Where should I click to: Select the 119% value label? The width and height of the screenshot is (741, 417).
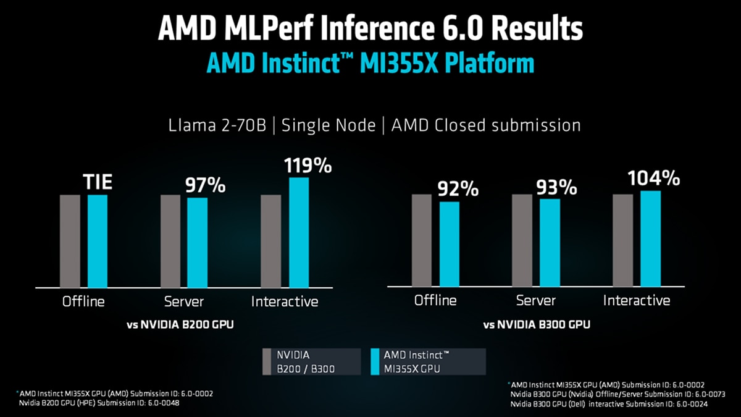point(308,166)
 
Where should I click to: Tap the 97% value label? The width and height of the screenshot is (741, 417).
point(206,185)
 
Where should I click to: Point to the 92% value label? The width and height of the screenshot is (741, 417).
point(458,190)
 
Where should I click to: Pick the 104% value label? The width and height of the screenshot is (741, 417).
point(654,179)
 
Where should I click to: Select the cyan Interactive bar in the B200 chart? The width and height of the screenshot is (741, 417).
point(299,232)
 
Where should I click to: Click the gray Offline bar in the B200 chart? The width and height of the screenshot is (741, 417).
point(70,241)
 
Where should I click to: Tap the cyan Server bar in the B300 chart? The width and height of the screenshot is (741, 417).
point(550,242)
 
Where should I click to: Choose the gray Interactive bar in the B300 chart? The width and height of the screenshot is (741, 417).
point(622,240)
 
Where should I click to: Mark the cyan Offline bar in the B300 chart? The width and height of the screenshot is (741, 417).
point(450,244)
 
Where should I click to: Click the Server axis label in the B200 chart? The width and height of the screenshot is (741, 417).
point(184,302)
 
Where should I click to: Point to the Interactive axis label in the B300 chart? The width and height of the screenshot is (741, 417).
point(636,301)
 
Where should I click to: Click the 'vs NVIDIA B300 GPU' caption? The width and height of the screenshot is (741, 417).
point(536,324)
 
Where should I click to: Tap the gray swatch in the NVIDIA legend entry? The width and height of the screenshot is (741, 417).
point(267,362)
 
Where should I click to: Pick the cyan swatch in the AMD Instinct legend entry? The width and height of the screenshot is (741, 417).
point(374,362)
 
